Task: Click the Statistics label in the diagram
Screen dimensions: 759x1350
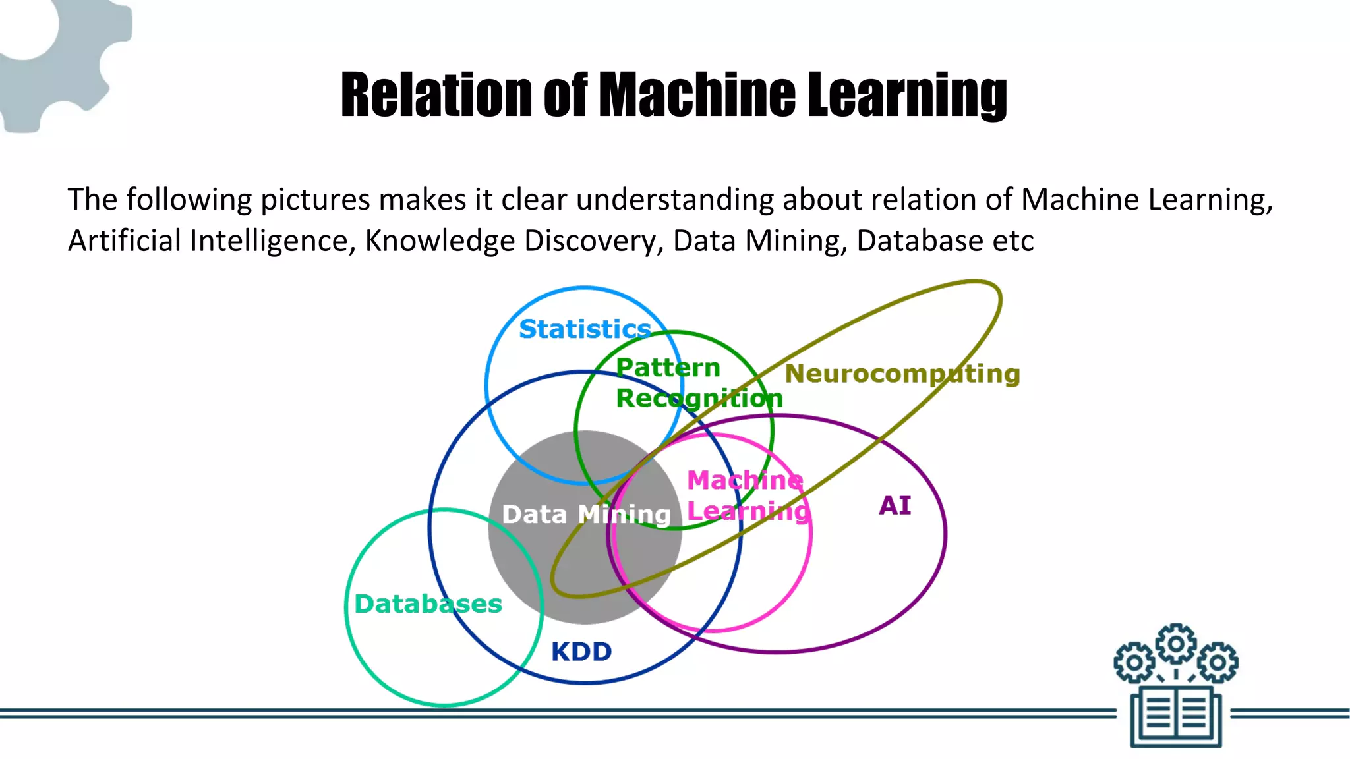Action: click(x=585, y=329)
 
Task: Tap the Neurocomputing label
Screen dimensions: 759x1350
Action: click(x=902, y=374)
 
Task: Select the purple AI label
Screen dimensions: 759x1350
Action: click(x=895, y=505)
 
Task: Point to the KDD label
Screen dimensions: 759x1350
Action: click(x=581, y=652)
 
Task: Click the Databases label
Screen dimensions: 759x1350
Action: click(x=428, y=604)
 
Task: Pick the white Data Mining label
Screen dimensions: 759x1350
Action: click(x=586, y=514)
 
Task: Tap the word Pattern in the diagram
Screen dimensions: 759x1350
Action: click(x=668, y=368)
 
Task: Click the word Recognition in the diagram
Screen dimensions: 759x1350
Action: click(x=699, y=398)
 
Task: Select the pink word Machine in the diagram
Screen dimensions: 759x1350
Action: click(x=745, y=480)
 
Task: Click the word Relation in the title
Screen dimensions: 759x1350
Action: click(x=436, y=95)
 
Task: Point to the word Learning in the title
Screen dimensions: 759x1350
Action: click(x=907, y=95)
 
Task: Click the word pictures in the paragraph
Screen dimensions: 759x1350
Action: click(x=315, y=200)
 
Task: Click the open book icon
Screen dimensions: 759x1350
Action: click(x=1176, y=717)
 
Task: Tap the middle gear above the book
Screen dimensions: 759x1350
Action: click(x=1176, y=643)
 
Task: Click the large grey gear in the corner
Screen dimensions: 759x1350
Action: click(x=53, y=59)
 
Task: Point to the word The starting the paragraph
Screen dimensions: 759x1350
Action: click(x=92, y=200)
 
